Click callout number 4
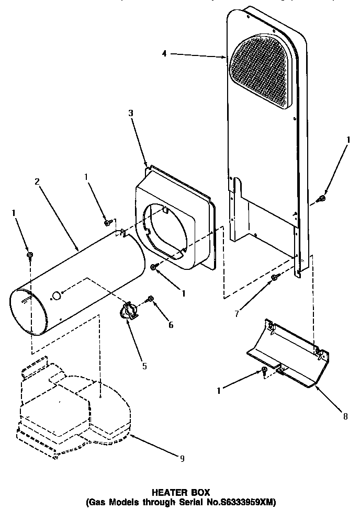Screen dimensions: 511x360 [164, 53]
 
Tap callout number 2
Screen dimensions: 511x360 [37, 181]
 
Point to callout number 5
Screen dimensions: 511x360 [144, 366]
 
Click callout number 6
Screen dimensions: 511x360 [170, 325]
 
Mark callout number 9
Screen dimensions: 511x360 [182, 459]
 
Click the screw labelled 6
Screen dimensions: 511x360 [151, 299]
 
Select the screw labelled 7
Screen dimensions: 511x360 [274, 278]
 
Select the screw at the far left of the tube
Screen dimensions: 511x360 [30, 255]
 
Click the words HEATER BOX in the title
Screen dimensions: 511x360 [181, 492]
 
